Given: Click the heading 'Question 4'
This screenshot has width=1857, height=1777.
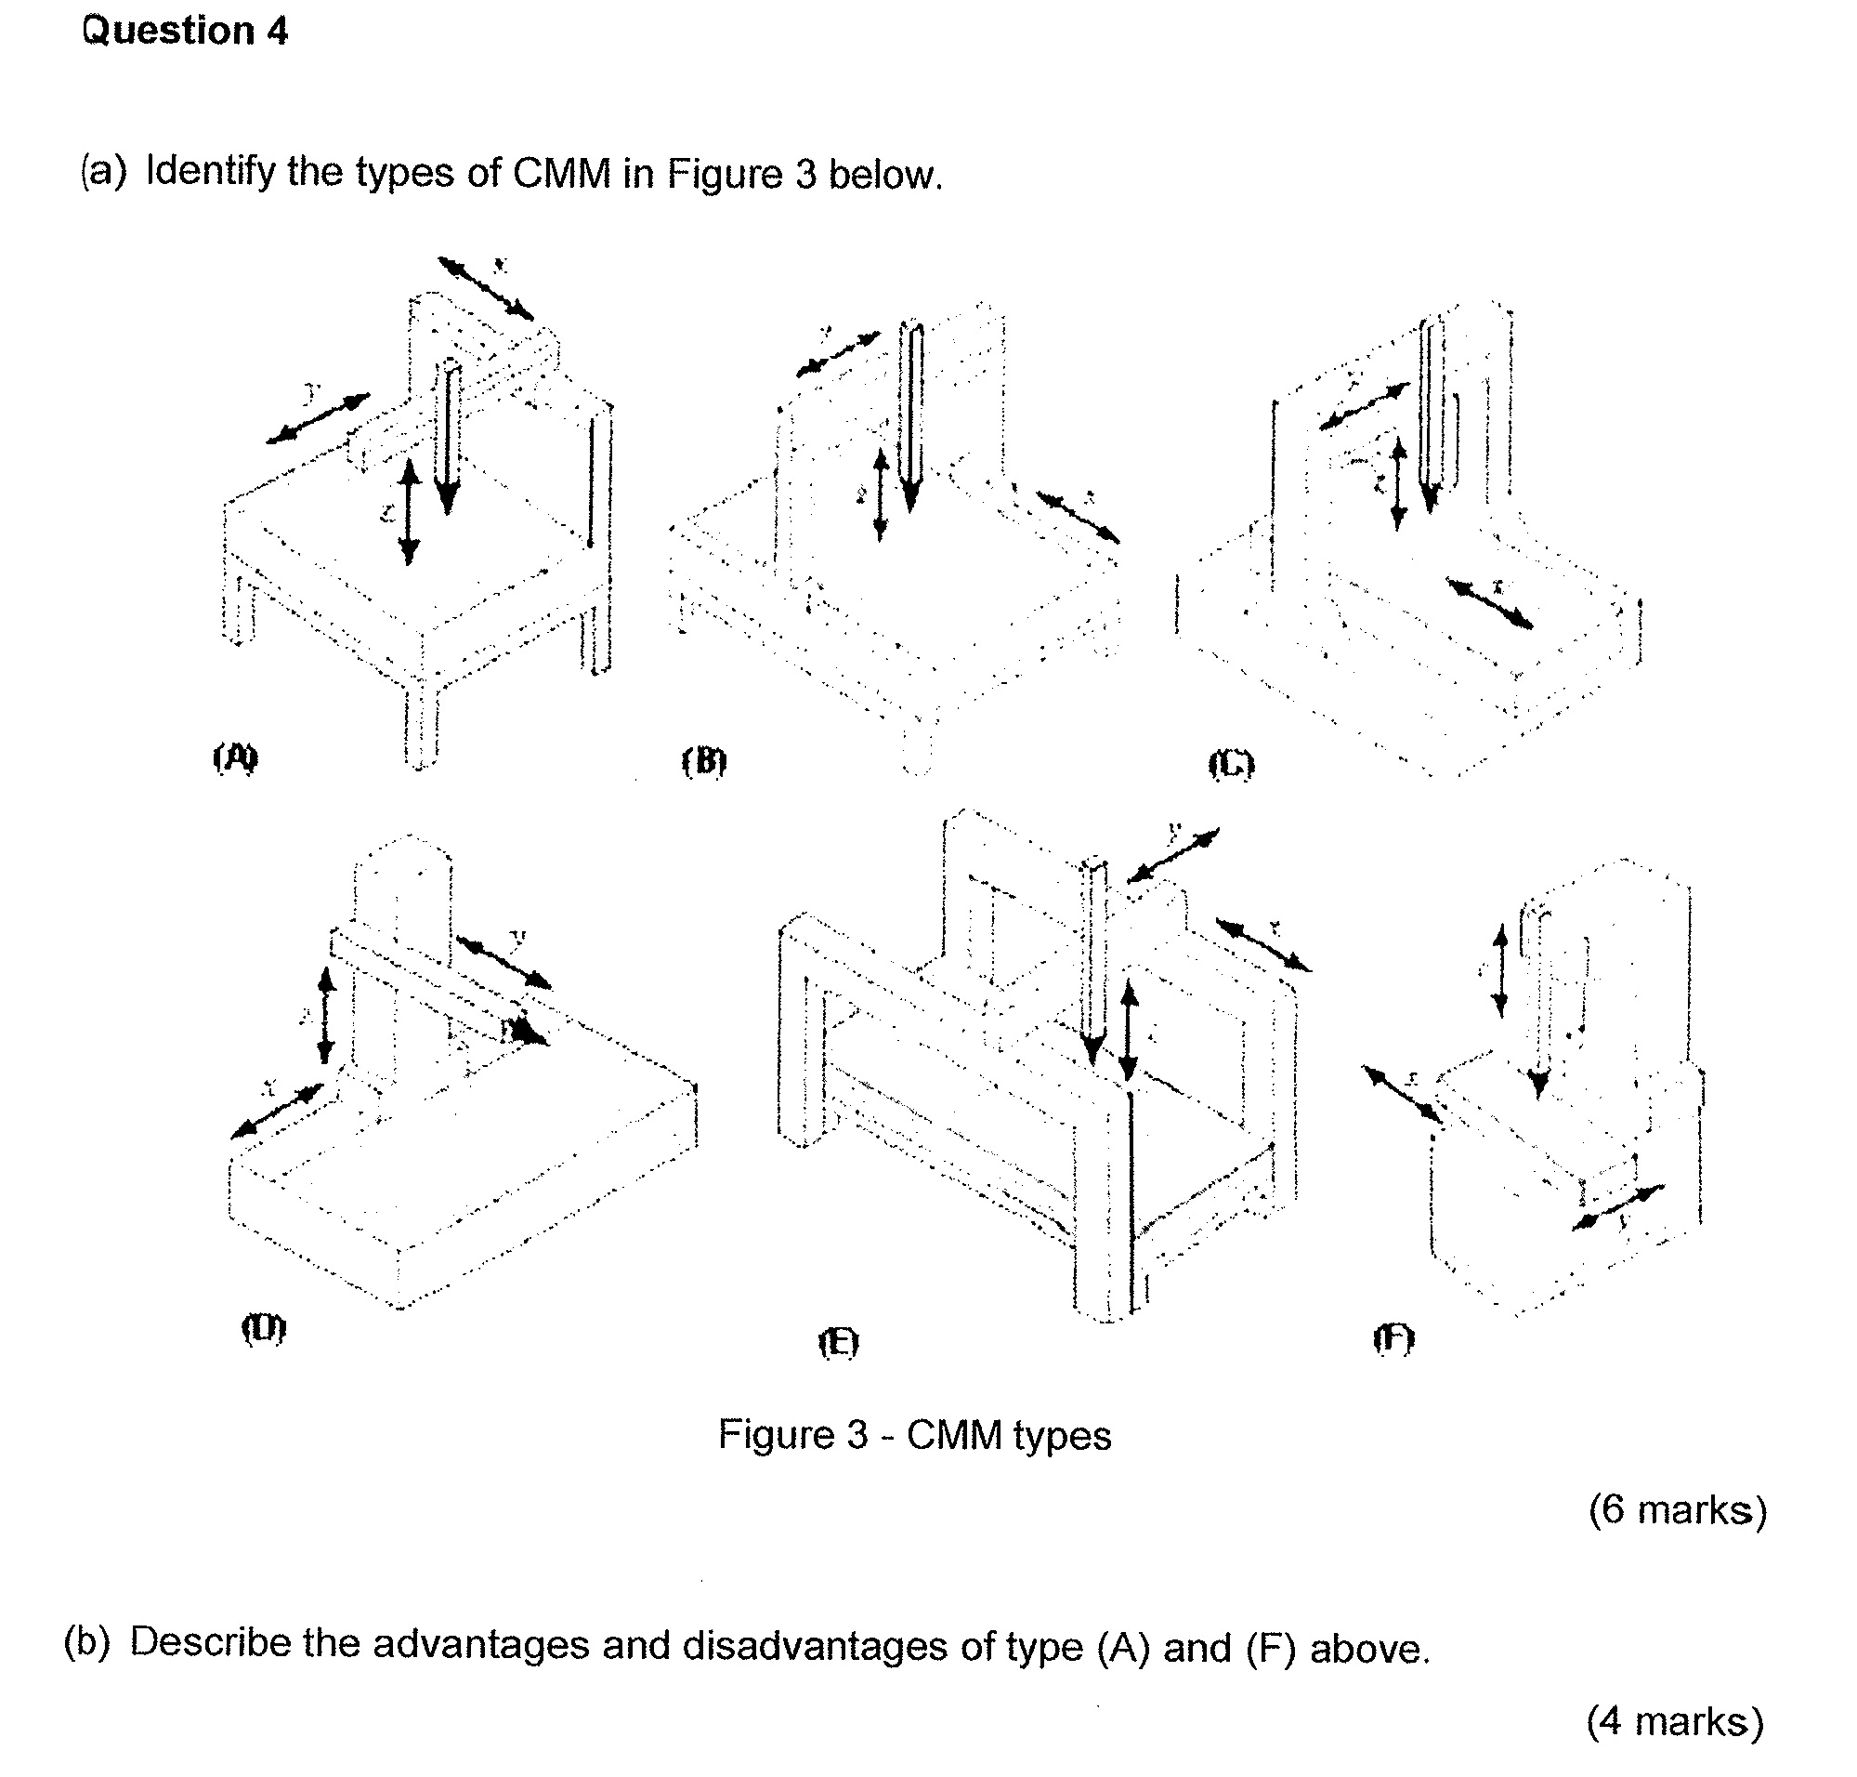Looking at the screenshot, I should pyautogui.click(x=184, y=33).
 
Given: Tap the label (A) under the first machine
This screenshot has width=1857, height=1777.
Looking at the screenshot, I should pyautogui.click(x=235, y=757).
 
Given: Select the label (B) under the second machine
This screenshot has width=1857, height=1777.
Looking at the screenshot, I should pyautogui.click(x=703, y=760).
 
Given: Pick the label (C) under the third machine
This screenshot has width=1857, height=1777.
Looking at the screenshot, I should pyautogui.click(x=1231, y=763).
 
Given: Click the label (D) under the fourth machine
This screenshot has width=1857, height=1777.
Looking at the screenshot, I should pyautogui.click(x=263, y=1328).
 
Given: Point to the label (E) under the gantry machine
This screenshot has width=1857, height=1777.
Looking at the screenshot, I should pyautogui.click(x=838, y=1342).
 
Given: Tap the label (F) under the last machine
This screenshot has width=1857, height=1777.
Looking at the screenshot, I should pyautogui.click(x=1393, y=1338).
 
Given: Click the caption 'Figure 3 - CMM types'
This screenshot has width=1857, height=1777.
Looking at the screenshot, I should pyautogui.click(x=914, y=1434).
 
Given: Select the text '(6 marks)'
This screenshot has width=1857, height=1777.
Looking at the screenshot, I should pyautogui.click(x=1677, y=1510).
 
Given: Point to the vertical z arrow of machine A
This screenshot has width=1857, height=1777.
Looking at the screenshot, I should pyautogui.click(x=409, y=511).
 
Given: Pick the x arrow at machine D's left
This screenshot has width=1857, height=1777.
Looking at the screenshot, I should pyautogui.click(x=277, y=1110).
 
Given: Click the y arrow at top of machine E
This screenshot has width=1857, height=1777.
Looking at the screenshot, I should pyautogui.click(x=1172, y=855).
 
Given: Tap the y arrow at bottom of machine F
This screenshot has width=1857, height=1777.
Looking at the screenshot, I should pyautogui.click(x=1617, y=1207).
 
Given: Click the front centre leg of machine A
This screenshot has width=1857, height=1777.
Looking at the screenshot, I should pyautogui.click(x=422, y=725).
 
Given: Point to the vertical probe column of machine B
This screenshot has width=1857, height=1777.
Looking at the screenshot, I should pyautogui.click(x=910, y=416).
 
